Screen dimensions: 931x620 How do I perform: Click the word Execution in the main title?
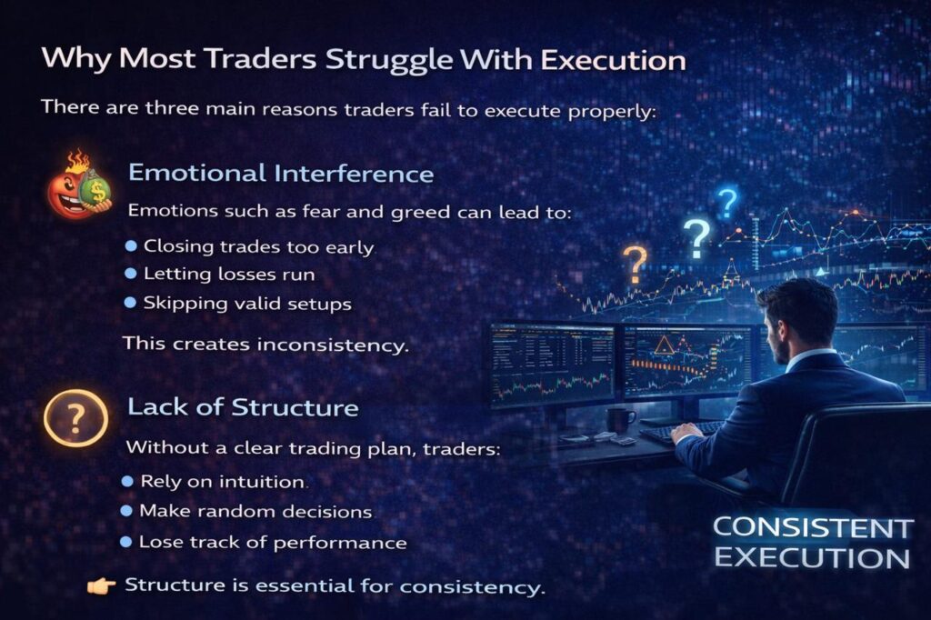pos(614,59)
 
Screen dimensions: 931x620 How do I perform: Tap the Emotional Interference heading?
pos(281,174)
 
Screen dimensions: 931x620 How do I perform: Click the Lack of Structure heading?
pos(243,407)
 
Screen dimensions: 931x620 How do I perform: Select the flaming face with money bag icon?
pos(80,185)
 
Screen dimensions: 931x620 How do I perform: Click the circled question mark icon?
pos(75,418)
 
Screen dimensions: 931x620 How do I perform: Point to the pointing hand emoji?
pos(101,586)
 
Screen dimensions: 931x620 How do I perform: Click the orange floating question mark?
pos(635,265)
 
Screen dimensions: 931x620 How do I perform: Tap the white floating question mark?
pos(697,239)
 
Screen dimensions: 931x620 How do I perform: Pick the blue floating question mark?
pos(727,203)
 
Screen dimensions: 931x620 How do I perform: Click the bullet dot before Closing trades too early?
pos(131,245)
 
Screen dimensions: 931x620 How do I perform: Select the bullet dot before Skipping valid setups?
pos(131,303)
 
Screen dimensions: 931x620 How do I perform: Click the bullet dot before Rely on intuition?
pos(127,481)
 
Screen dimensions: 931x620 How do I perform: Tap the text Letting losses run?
pos(229,275)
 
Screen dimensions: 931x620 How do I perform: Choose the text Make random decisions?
pos(255,511)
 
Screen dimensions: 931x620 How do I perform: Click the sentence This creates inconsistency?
pos(266,344)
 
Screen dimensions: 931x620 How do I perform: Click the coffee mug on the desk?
pos(620,421)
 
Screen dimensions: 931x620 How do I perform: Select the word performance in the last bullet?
pos(340,543)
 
